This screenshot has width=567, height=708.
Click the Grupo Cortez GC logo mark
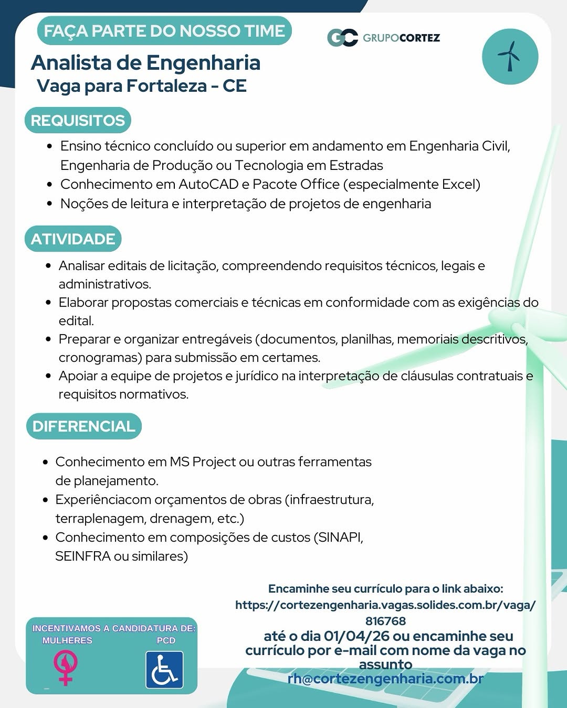point(342,38)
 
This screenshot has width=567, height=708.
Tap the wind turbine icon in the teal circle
point(510,56)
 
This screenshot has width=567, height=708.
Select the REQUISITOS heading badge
point(78,121)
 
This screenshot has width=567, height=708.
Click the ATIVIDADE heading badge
point(73,239)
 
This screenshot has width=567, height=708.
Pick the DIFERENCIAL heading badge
point(84,426)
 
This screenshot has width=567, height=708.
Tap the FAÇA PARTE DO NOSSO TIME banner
point(164,31)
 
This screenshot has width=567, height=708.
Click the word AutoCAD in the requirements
point(208,185)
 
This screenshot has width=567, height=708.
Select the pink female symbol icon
point(66,667)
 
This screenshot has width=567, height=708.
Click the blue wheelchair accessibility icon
point(164,670)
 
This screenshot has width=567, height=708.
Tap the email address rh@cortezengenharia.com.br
point(385,679)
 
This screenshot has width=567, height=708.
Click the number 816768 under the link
point(385,621)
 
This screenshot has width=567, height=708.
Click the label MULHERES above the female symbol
point(67,640)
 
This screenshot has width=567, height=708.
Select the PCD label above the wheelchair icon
point(166,640)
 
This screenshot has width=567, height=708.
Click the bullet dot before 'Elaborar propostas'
point(48,303)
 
